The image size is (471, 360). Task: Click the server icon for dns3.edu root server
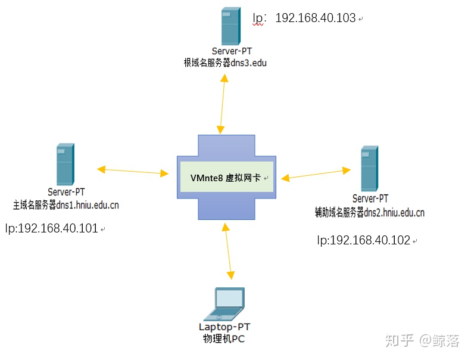230,26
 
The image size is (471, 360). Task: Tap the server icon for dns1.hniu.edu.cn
65,165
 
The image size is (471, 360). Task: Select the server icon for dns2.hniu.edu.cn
369,169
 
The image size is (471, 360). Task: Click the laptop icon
224,305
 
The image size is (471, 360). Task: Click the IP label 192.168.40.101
52,228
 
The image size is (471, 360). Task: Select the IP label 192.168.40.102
364,240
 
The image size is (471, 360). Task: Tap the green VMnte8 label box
227,177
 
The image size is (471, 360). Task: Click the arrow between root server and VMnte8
223,104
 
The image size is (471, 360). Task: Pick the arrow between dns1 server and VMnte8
132,171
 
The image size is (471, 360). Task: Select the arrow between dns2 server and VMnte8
316,175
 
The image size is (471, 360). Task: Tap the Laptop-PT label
224,327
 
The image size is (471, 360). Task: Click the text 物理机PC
224,339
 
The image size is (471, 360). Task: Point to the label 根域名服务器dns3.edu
225,63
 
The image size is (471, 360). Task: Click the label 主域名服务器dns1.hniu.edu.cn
65,205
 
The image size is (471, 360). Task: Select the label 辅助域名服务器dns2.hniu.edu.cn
370,213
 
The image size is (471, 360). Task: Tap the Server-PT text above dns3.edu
232,51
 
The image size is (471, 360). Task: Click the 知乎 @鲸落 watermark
422,341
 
